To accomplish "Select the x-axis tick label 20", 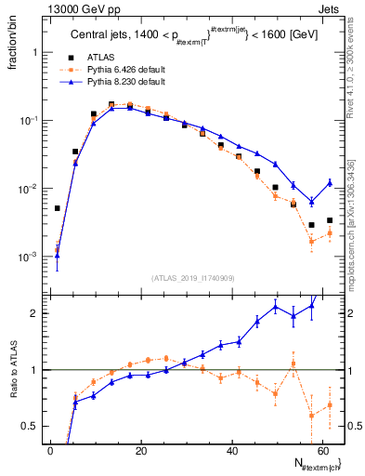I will (x=141, y=450).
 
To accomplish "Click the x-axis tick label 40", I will (x=232, y=450).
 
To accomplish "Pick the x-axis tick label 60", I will (x=322, y=450).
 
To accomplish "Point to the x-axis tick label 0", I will (x=51, y=450).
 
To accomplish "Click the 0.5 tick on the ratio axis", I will (x=33, y=426).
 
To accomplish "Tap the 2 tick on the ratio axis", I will (x=38, y=313).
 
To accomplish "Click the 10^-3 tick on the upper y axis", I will (x=30, y=256).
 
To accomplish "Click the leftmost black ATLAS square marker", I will (x=58, y=208).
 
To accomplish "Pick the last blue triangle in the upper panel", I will (x=330, y=182).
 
